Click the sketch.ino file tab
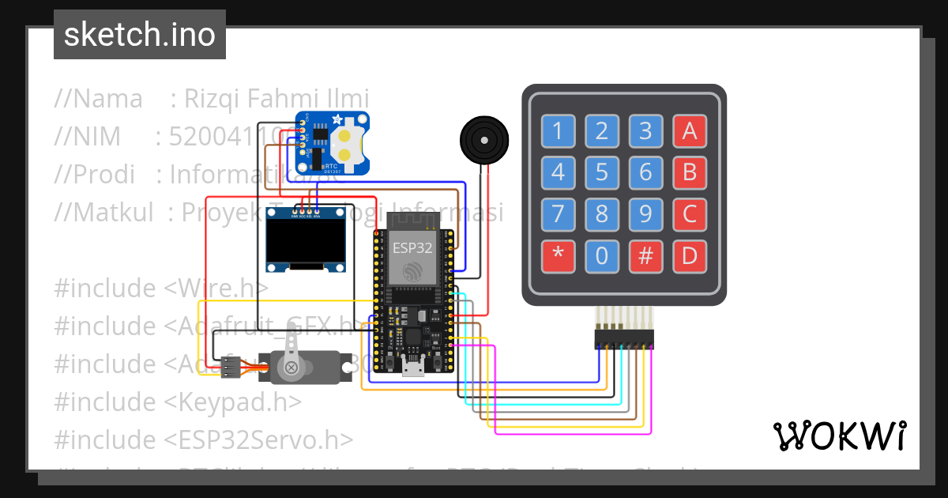pyautogui.click(x=139, y=35)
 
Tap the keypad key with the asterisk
pyautogui.click(x=559, y=255)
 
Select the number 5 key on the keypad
pyautogui.click(x=602, y=172)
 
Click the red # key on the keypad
pyautogui.click(x=645, y=255)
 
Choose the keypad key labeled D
pyautogui.click(x=689, y=255)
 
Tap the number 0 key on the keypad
pyautogui.click(x=602, y=255)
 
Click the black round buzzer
pyautogui.click(x=483, y=141)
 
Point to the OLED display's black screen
pyautogui.click(x=307, y=241)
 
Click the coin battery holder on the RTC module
pyautogui.click(x=348, y=143)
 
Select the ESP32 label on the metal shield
pyautogui.click(x=413, y=247)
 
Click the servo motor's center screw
pyautogui.click(x=292, y=368)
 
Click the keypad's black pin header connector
pyautogui.click(x=624, y=339)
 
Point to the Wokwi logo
pyautogui.click(x=839, y=436)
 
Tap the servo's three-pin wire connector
pyautogui.click(x=231, y=366)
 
